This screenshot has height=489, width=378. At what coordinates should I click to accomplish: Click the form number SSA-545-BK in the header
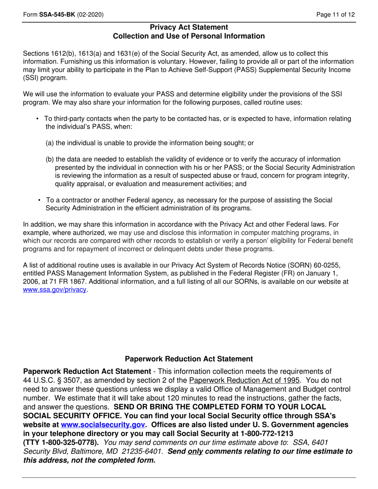57,15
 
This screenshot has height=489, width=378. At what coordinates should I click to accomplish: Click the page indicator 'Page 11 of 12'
335,15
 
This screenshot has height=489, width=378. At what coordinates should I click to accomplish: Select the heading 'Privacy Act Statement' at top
189,27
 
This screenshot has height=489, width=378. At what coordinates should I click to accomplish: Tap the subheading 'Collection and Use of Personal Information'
189,36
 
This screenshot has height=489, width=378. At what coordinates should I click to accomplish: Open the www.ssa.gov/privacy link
55,290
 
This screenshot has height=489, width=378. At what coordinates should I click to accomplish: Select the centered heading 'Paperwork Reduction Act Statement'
189,359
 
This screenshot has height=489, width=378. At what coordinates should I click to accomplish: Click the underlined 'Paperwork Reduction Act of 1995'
244,380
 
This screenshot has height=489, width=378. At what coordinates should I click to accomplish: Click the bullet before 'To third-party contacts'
37,118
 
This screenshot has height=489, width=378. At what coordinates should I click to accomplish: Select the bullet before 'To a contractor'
39,200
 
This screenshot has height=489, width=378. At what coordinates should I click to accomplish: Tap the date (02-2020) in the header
91,15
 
